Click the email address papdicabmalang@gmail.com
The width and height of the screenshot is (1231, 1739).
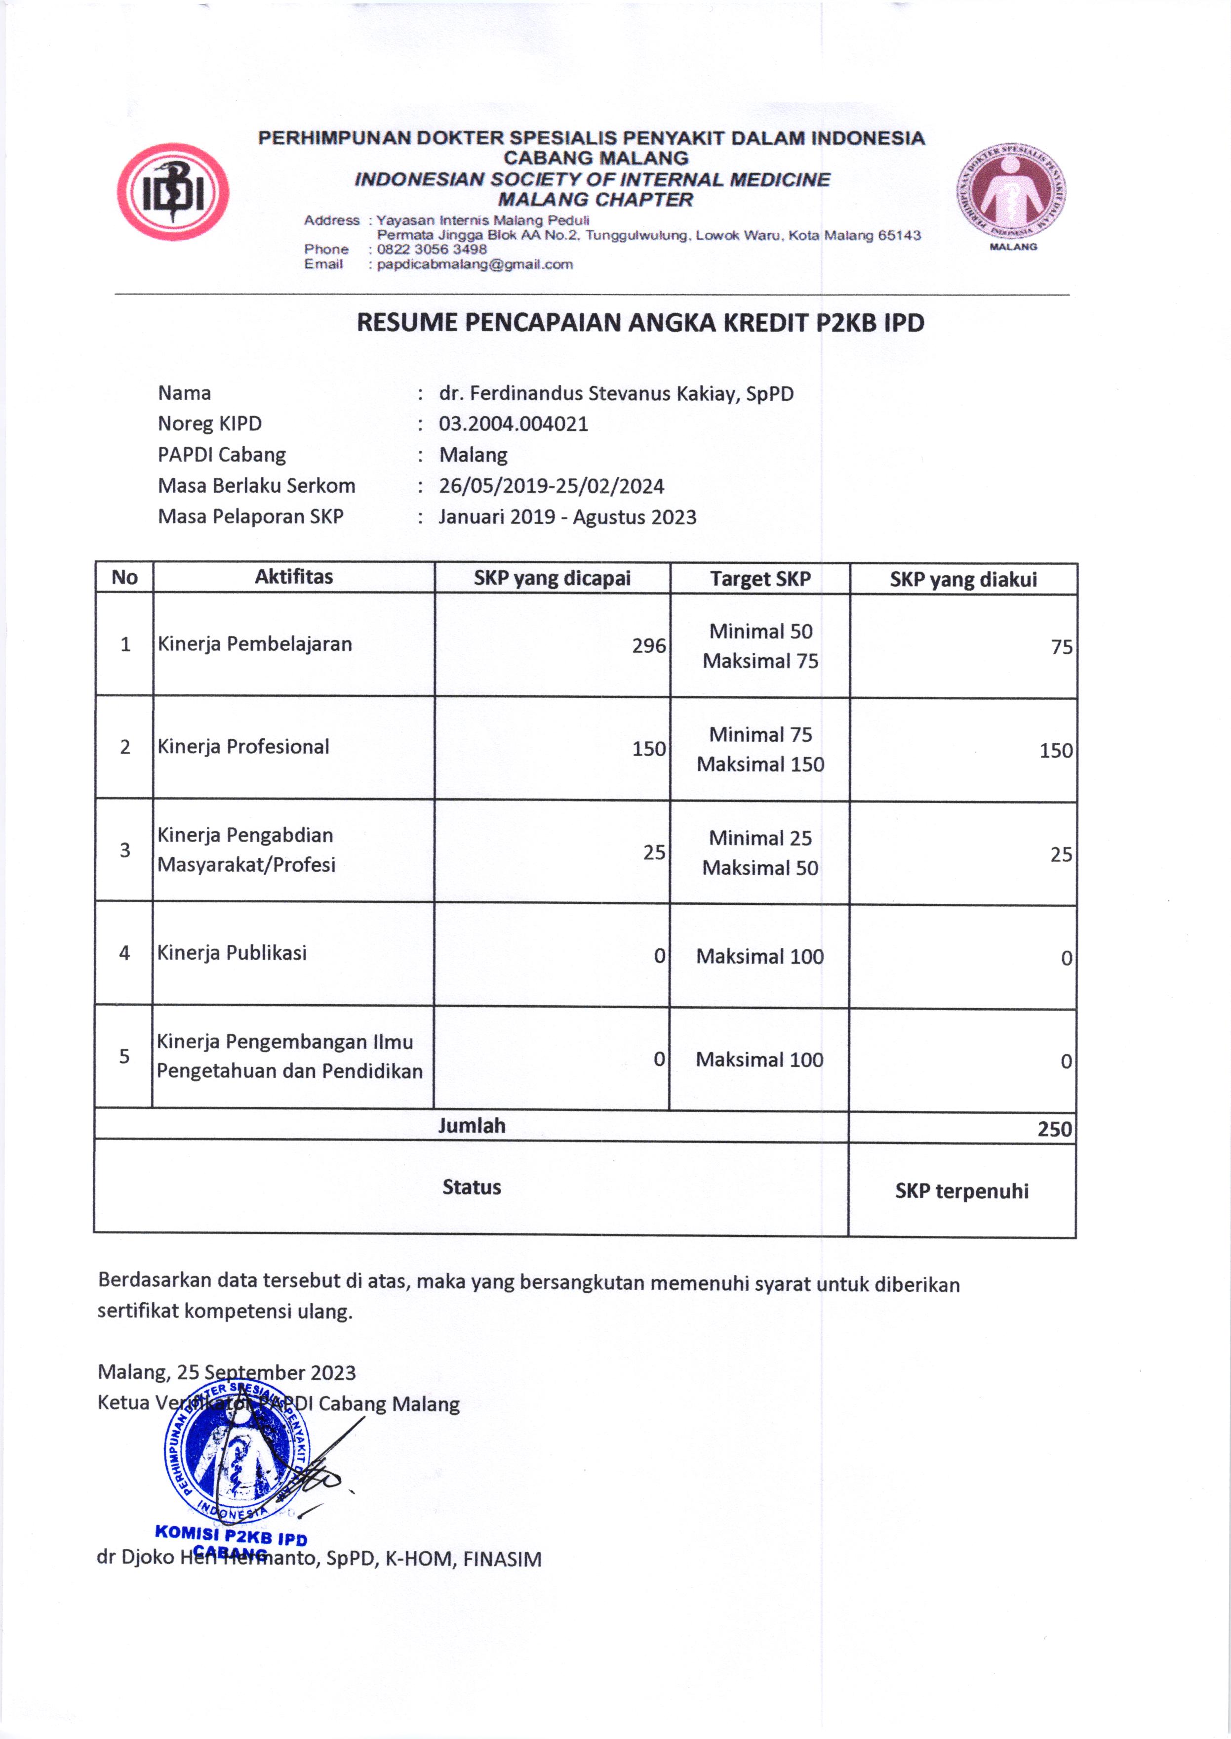point(475,265)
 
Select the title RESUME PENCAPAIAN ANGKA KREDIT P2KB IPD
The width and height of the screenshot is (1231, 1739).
point(640,323)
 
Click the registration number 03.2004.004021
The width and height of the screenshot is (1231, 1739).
point(513,424)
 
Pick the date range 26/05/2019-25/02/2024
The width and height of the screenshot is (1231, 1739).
point(551,486)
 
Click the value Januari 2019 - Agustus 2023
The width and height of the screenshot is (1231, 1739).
point(567,517)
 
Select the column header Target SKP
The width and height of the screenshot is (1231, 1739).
point(760,579)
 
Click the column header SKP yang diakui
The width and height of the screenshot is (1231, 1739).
point(963,579)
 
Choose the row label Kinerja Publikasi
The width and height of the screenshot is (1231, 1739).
point(232,953)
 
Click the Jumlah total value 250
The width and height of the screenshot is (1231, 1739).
point(1054,1129)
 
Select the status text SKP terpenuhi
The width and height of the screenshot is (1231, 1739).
point(961,1191)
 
